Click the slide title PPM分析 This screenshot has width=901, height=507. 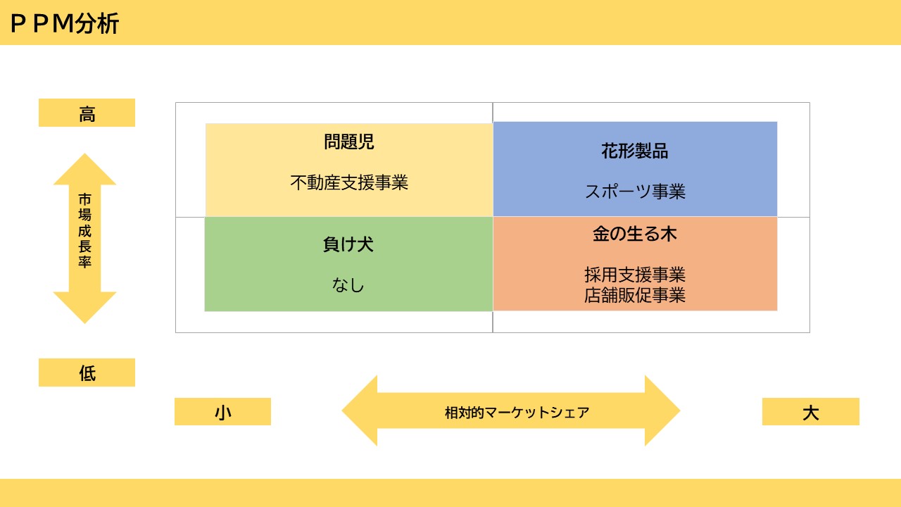(64, 23)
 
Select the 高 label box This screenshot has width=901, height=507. (87, 113)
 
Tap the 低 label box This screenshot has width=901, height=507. (87, 373)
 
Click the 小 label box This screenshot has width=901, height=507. (223, 412)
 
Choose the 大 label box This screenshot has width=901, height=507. (811, 412)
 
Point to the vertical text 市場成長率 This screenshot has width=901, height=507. (85, 230)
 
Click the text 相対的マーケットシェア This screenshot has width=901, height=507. (517, 413)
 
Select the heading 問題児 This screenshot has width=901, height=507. (349, 142)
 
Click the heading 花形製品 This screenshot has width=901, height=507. (635, 151)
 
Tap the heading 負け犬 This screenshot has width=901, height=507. (348, 244)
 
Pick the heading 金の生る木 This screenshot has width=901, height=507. (635, 234)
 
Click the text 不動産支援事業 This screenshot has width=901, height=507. (349, 182)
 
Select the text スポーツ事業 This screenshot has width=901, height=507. (635, 192)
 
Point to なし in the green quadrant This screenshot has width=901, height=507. (348, 285)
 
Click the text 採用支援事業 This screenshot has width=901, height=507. (635, 275)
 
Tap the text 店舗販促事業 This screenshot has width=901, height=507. (635, 295)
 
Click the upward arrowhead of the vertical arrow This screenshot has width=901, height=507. (85, 169)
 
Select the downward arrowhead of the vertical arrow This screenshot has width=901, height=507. (85, 308)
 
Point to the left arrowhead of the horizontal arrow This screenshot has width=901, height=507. (360, 411)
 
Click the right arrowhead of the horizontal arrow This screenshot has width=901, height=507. (662, 411)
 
